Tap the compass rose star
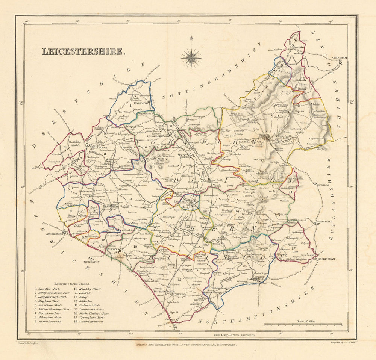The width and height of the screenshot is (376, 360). tap(191, 57)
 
